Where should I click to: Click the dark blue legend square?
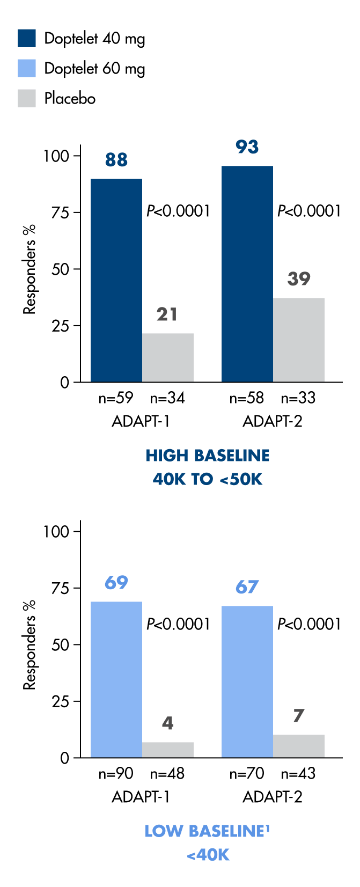[x=27, y=38]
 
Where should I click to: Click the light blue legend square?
[x=27, y=68]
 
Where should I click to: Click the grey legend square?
[x=27, y=98]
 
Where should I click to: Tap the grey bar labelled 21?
[x=168, y=357]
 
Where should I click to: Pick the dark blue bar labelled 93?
[x=247, y=274]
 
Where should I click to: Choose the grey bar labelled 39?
[x=299, y=340]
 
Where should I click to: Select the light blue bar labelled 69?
[x=116, y=679]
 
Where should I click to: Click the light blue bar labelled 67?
[x=247, y=681]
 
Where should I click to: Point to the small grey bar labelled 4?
[x=168, y=750]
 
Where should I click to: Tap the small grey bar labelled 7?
[x=299, y=746]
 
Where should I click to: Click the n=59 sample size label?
[x=116, y=398]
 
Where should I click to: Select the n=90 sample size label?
[x=116, y=773]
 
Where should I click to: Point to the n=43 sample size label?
[x=298, y=773]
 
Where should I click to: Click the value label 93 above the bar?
[x=247, y=147]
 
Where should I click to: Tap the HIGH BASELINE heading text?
[x=208, y=456]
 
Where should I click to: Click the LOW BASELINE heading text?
[x=207, y=831]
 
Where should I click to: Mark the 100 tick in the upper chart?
[x=56, y=156]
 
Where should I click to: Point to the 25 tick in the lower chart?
[x=61, y=701]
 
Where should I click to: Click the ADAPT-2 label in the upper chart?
[x=273, y=421]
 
